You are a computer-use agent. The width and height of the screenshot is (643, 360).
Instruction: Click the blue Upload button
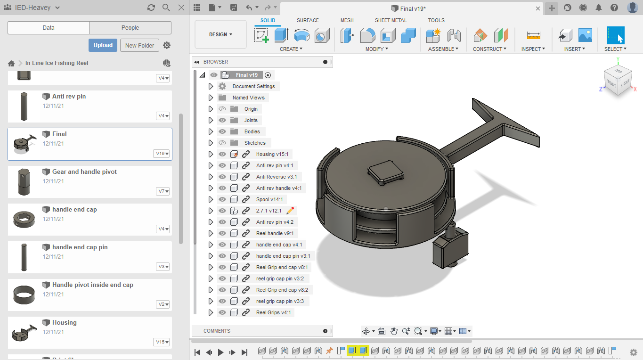(x=103, y=45)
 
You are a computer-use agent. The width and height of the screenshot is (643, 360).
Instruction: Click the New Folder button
(x=139, y=45)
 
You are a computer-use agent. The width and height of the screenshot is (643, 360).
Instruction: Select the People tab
(x=130, y=28)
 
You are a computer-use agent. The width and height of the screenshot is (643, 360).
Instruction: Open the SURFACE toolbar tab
(x=308, y=20)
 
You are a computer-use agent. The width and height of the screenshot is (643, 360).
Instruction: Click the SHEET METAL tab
(x=391, y=20)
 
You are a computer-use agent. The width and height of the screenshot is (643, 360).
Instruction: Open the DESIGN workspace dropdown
(x=220, y=34)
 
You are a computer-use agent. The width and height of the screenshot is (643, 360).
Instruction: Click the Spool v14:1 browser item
(x=269, y=199)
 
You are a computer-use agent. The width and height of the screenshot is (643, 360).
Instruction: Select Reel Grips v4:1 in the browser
(x=273, y=312)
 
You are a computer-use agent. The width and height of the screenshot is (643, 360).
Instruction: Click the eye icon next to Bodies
(x=222, y=131)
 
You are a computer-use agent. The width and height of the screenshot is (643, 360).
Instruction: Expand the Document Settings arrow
(x=211, y=86)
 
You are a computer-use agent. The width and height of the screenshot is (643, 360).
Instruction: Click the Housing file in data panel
(x=65, y=323)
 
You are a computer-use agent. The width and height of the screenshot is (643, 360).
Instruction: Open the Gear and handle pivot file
(x=84, y=172)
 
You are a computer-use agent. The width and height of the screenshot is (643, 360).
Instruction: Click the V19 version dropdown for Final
(x=162, y=154)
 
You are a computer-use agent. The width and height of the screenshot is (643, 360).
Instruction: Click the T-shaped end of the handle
(x=506, y=123)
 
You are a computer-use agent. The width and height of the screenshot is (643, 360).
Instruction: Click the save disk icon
(x=234, y=8)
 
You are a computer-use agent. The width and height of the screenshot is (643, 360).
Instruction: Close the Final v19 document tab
(x=538, y=8)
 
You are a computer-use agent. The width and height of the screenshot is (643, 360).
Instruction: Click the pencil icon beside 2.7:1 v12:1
(x=290, y=211)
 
